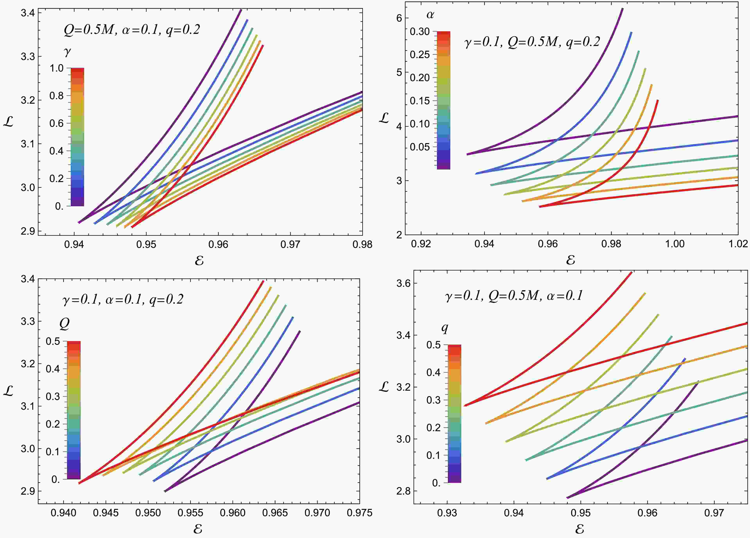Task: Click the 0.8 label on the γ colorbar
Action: (57, 96)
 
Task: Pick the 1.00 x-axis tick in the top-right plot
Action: (674, 244)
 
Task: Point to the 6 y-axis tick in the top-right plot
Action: (399, 18)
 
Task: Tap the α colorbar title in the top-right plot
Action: (430, 15)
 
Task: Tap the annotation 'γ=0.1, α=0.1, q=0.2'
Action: (123, 299)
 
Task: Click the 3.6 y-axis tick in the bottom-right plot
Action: (403, 283)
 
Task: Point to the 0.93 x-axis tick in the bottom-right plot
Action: (447, 513)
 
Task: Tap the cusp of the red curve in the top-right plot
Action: (539, 207)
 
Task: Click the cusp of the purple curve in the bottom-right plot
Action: (567, 498)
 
